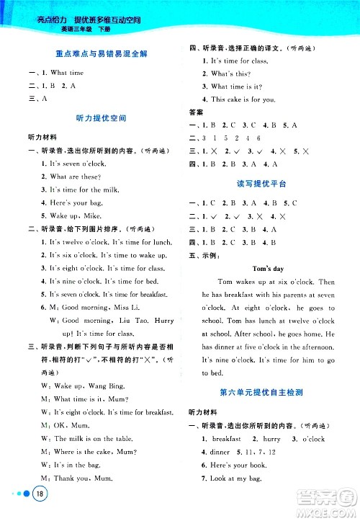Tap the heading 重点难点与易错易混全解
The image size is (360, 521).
click(96, 54)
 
